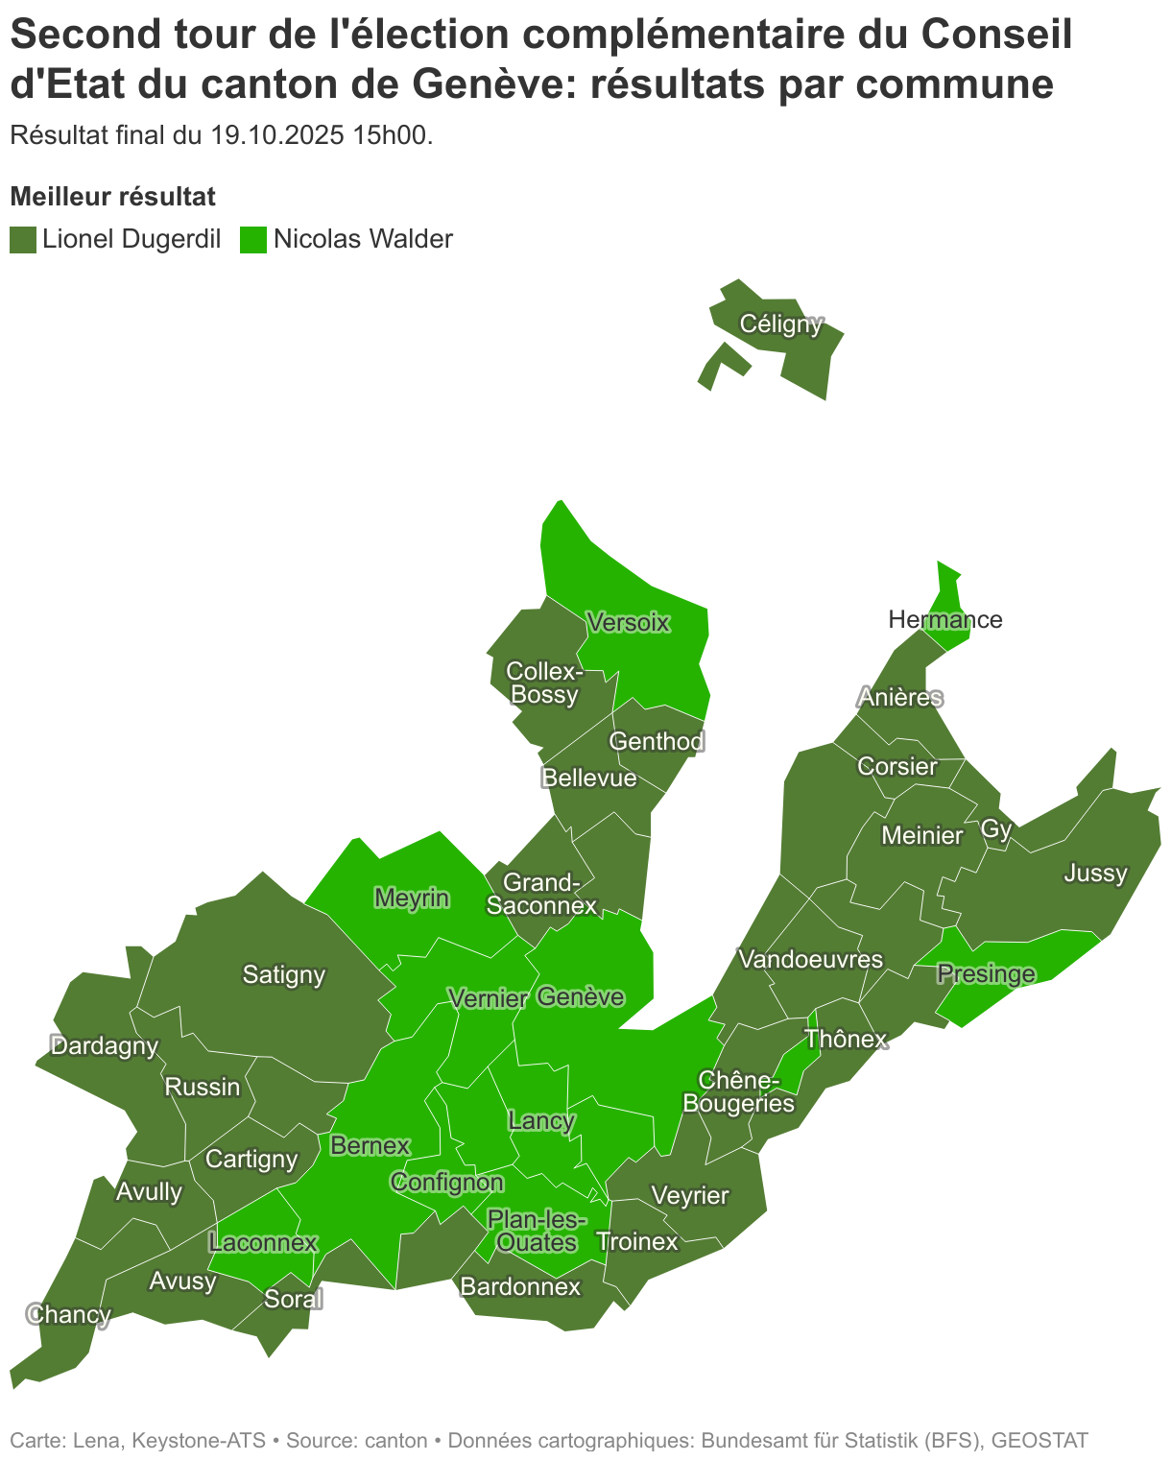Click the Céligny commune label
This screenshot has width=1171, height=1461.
point(781,323)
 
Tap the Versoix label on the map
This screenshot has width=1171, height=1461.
point(628,622)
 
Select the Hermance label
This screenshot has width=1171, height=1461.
point(944,619)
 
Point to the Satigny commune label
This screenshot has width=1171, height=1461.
point(283,974)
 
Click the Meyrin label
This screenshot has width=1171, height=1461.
point(411,898)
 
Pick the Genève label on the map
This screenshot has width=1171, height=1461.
point(580,996)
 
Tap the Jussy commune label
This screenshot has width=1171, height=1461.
point(1095,873)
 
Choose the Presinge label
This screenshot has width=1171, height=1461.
point(986,974)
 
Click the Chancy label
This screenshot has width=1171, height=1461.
point(69,1313)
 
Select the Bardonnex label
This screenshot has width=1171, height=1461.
point(520,1286)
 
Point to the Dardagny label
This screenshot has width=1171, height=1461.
point(104,1045)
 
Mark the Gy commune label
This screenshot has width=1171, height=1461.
point(996,828)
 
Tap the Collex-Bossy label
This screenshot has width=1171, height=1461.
point(544,682)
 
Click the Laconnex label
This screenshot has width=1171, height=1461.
point(262,1242)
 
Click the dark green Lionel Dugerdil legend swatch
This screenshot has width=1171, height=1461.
point(23,239)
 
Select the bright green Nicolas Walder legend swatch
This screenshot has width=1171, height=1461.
point(253,239)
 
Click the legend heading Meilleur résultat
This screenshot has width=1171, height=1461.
point(112,197)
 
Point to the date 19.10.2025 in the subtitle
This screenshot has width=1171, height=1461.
point(277,135)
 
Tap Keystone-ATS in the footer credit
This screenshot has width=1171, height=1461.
point(197,1440)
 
